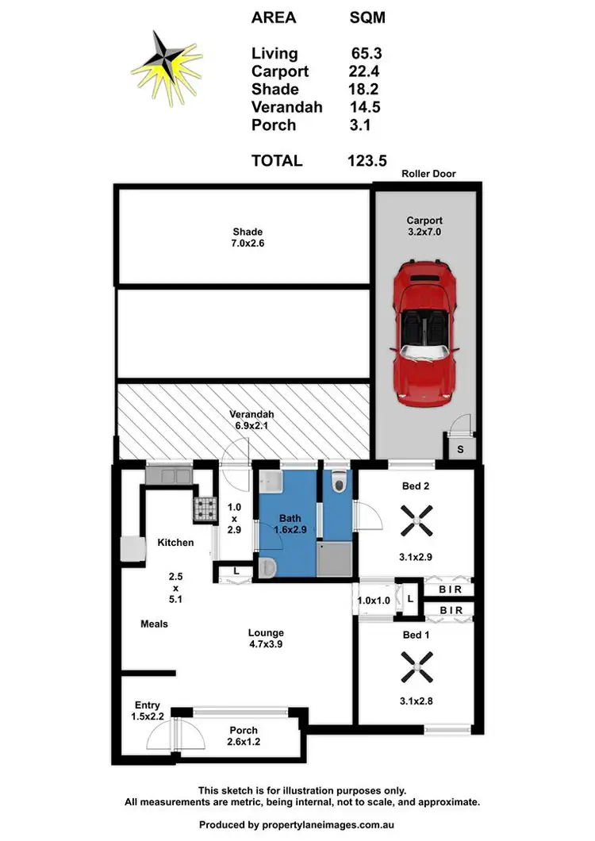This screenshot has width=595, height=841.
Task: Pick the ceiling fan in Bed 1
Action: (x=415, y=667)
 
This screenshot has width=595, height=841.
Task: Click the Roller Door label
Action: (x=428, y=174)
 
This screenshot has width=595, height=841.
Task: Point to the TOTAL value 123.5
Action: (x=367, y=160)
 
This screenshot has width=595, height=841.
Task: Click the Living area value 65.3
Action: (x=367, y=54)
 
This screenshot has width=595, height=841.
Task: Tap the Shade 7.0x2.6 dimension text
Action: (x=248, y=244)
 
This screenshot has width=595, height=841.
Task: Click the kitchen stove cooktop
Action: (x=205, y=508)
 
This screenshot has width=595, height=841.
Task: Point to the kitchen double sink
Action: (x=168, y=476)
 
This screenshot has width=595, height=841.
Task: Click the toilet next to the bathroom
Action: (x=339, y=480)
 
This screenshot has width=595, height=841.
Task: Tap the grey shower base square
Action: (x=333, y=559)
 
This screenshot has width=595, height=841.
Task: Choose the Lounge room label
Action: (x=265, y=632)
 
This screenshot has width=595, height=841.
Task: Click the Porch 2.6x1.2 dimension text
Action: (x=243, y=743)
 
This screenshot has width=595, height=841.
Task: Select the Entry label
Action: (x=147, y=705)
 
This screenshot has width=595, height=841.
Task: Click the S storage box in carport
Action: (x=461, y=449)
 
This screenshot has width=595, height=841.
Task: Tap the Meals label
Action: (x=154, y=624)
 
